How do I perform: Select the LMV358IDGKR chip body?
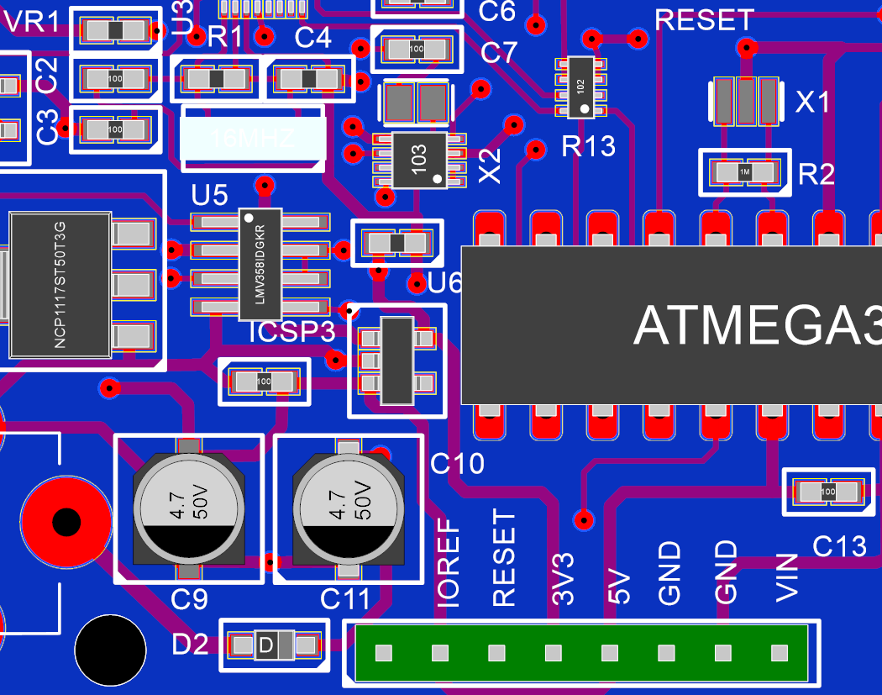(260, 264)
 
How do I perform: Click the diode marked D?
(273, 645)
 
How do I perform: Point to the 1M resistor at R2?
(745, 171)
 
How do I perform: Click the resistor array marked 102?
(580, 87)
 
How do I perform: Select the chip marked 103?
(419, 159)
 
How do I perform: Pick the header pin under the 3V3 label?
(553, 652)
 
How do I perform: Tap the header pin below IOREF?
(384, 652)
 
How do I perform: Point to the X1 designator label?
(813, 103)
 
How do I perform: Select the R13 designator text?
(588, 147)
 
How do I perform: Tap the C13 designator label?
(839, 546)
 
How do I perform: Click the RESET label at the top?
(704, 20)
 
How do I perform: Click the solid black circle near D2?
(109, 650)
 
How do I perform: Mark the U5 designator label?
(209, 196)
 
